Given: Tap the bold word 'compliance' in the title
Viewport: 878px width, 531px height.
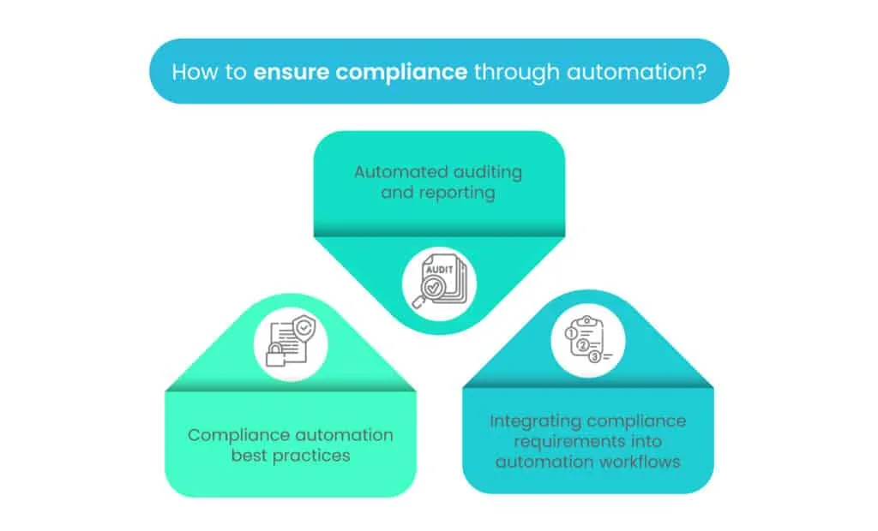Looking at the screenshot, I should [402, 71].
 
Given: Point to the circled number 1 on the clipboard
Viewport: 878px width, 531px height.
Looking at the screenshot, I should [571, 331].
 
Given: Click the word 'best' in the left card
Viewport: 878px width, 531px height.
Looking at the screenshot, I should [250, 456].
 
